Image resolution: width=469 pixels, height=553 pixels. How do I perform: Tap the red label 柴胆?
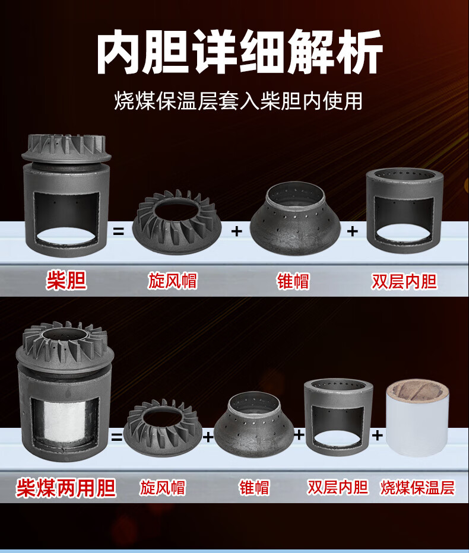[x=66, y=280]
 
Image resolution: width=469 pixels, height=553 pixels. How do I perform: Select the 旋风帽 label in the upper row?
[x=172, y=281]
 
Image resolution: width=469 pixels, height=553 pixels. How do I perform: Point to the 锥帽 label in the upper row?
[x=293, y=281]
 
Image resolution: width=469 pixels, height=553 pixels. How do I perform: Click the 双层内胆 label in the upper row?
[x=404, y=281]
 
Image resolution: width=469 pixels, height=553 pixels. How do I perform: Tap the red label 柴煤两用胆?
[x=66, y=488]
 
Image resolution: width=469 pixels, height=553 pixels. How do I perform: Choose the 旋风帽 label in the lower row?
[x=163, y=488]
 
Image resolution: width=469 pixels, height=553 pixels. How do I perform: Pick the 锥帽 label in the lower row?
[x=254, y=488]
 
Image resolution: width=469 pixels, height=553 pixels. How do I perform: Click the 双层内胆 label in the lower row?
[x=338, y=487]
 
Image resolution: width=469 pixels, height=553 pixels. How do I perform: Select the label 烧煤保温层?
[x=417, y=488]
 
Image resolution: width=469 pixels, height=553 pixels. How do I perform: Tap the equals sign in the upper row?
[x=119, y=231]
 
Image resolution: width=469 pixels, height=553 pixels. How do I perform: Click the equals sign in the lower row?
[x=117, y=438]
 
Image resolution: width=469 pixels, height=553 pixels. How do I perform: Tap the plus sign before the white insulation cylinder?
[x=378, y=436]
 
